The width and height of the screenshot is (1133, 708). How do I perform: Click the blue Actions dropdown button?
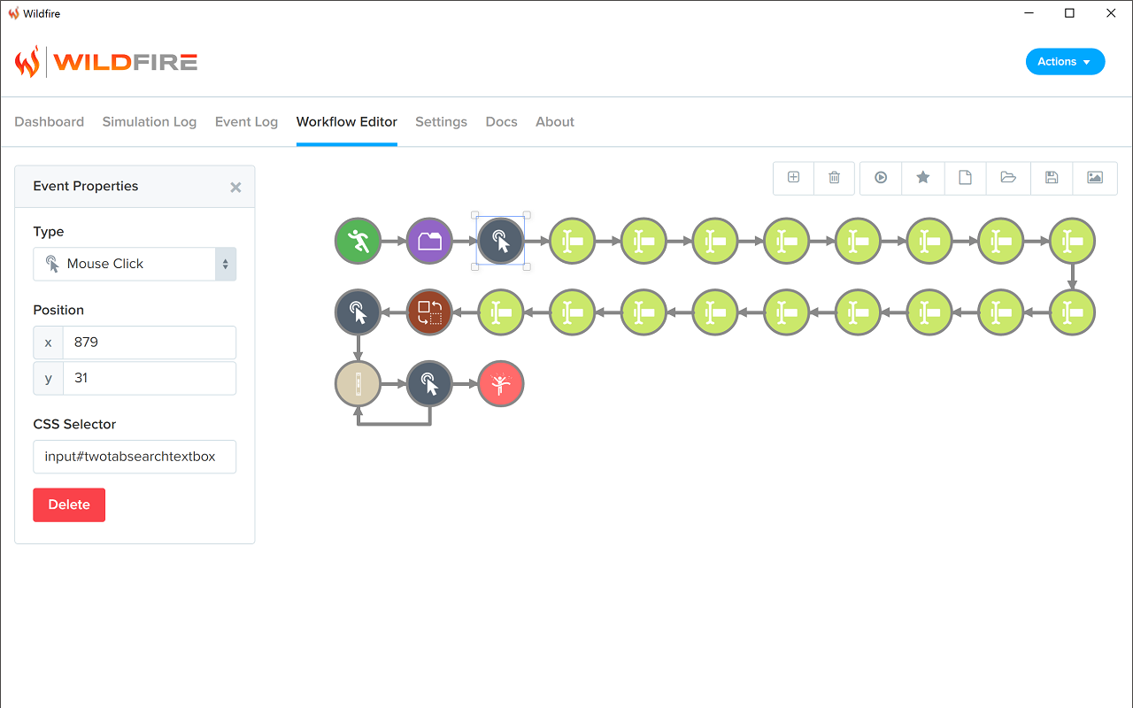click(x=1065, y=62)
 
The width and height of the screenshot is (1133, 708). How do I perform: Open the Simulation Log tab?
click(x=150, y=122)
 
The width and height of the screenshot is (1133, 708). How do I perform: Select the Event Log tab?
click(x=246, y=122)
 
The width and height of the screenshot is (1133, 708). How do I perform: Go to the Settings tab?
click(x=441, y=122)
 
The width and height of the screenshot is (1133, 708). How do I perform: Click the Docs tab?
click(x=501, y=122)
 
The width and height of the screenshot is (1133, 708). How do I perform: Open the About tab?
click(x=555, y=122)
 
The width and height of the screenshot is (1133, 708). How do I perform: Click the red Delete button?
click(x=69, y=504)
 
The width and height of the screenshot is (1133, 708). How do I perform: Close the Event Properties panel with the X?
click(x=235, y=187)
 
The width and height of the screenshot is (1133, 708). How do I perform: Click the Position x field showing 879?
click(x=150, y=342)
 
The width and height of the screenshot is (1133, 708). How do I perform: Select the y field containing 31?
click(x=150, y=378)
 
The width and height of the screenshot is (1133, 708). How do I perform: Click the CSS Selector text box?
click(x=135, y=457)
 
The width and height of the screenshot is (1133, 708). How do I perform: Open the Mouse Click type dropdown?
click(x=135, y=264)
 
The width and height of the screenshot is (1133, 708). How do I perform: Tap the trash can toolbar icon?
click(x=834, y=178)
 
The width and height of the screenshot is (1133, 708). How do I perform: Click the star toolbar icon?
click(x=923, y=178)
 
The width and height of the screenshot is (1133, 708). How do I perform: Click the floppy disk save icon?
click(x=1052, y=178)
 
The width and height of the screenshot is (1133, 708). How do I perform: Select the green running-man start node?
click(x=358, y=241)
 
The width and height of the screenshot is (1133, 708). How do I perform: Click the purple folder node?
click(x=429, y=241)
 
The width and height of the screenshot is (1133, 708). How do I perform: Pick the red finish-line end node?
click(x=501, y=384)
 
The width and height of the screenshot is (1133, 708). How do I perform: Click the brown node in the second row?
click(x=429, y=312)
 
